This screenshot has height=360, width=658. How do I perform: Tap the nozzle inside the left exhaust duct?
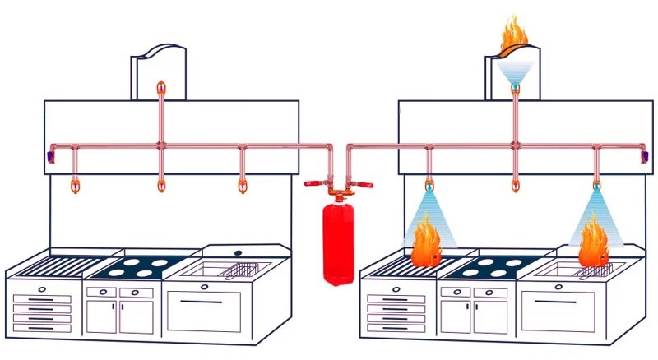pyautogui.click(x=160, y=85)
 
